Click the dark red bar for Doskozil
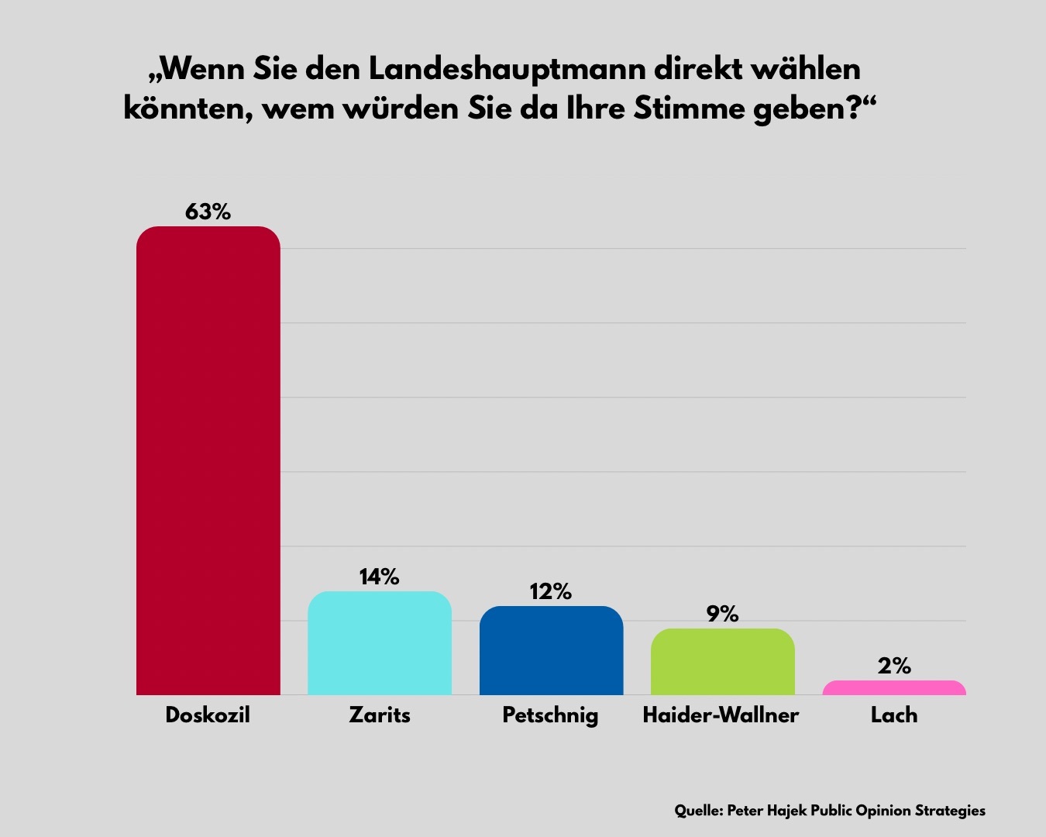click(x=208, y=460)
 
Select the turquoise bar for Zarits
click(x=380, y=643)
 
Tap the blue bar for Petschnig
click(x=551, y=650)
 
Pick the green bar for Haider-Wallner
click(x=722, y=662)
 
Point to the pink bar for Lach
click(x=894, y=688)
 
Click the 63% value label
click(x=208, y=212)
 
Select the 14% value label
click(x=380, y=577)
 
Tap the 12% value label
click(x=551, y=592)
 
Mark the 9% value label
click(x=722, y=614)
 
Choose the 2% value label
click(x=894, y=666)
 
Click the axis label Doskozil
click(x=208, y=715)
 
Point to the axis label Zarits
click(x=380, y=715)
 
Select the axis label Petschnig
click(x=550, y=715)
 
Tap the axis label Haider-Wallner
click(x=721, y=715)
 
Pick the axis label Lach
click(x=894, y=715)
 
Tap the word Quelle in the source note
click(x=698, y=811)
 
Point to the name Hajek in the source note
click(x=786, y=811)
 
